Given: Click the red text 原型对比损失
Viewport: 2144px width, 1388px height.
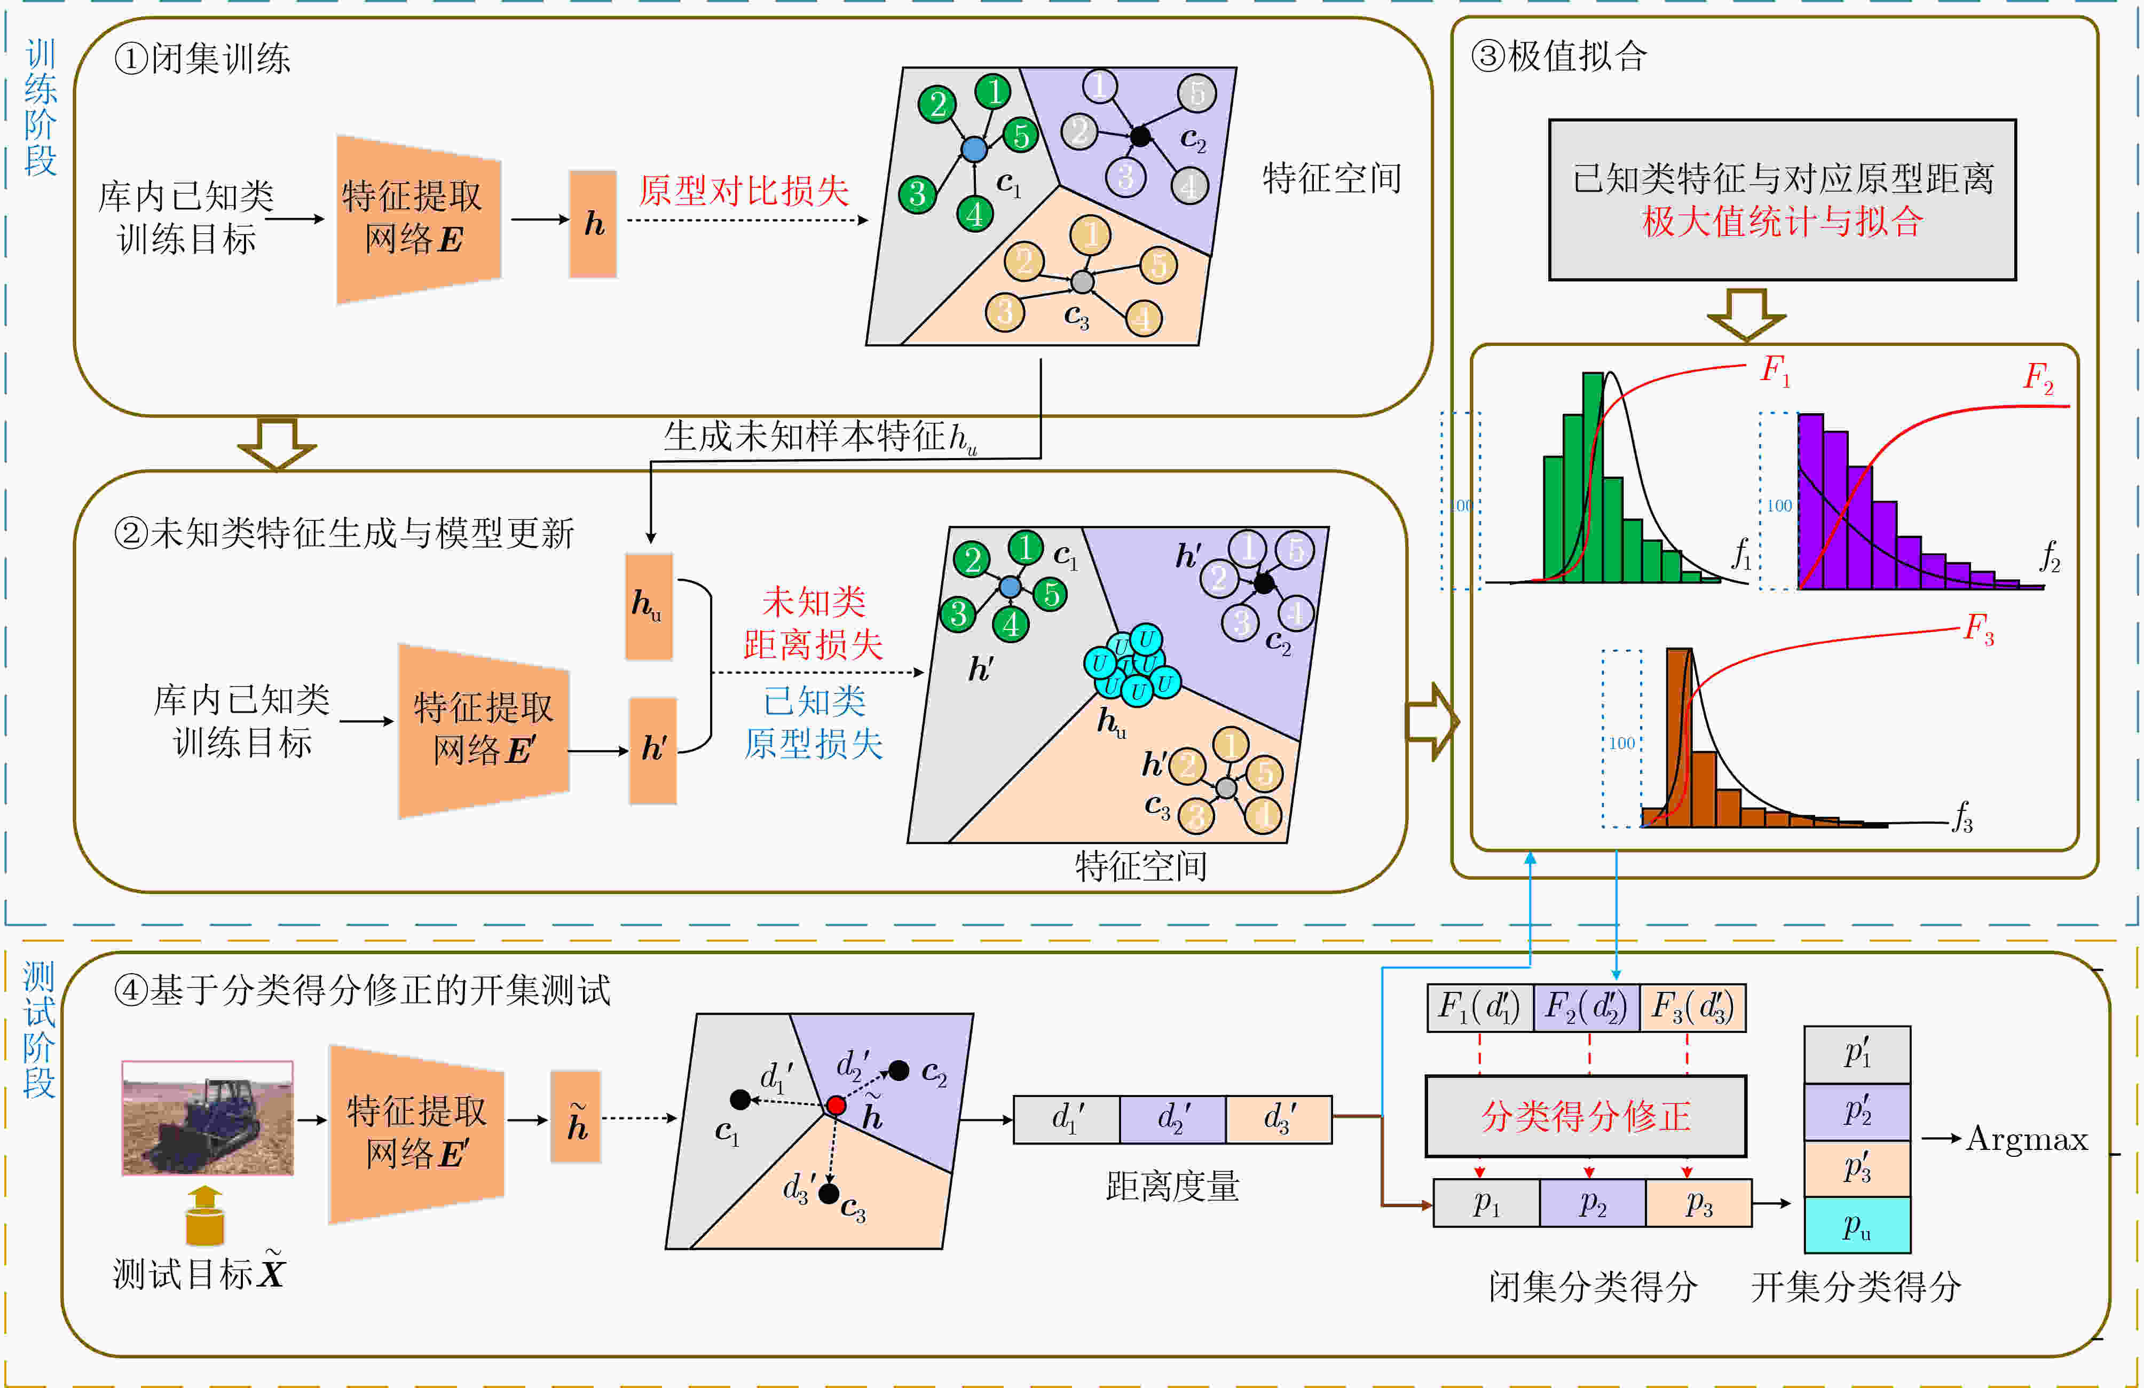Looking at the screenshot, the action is click(744, 191).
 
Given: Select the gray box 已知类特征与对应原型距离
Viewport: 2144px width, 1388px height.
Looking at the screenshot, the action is click(1782, 200).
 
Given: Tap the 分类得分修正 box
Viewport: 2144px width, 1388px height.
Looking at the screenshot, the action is click(1586, 1116).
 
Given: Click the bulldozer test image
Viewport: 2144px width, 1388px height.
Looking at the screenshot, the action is click(207, 1118).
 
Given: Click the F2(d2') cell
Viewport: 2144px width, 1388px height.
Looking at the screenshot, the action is click(1587, 1007).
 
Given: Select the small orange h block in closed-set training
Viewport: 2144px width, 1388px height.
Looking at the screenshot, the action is click(593, 223).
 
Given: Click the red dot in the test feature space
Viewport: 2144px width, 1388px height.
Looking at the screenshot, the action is click(836, 1105).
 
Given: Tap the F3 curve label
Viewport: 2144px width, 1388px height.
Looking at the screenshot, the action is click(1979, 628).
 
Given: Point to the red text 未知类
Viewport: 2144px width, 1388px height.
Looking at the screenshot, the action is click(814, 601).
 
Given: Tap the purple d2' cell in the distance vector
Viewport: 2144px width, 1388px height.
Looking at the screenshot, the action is click(1172, 1119).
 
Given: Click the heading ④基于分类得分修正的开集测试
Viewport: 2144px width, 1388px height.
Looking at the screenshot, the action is click(362, 990).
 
